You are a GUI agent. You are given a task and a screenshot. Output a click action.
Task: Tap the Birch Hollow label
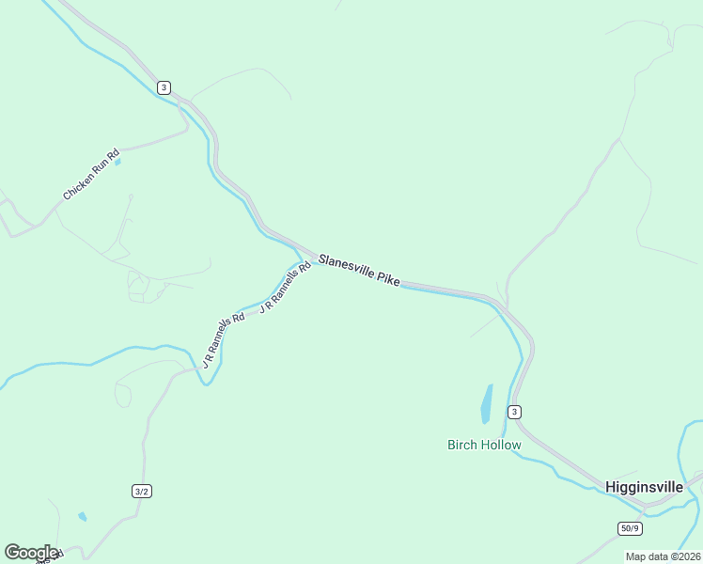(483, 445)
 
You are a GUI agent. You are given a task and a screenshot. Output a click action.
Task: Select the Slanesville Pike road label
(359, 270)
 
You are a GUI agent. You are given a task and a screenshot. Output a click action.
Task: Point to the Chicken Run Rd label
(91, 175)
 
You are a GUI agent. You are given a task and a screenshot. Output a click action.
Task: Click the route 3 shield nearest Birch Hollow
(513, 412)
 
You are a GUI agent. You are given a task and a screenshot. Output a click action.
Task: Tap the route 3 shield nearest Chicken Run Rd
(164, 87)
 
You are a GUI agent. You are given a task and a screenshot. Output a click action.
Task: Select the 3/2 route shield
(141, 491)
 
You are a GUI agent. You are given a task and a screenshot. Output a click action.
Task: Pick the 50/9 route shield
(630, 528)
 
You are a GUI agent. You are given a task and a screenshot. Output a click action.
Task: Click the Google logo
(31, 553)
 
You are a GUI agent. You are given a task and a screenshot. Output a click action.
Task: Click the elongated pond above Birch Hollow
(487, 403)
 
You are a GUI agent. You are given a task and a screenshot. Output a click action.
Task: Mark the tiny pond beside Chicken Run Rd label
(117, 162)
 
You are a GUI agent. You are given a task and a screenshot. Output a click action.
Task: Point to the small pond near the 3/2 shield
(83, 516)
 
